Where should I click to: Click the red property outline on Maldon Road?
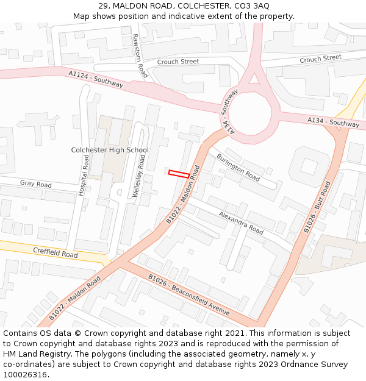(x=178, y=174)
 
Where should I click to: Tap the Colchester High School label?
(x=110, y=150)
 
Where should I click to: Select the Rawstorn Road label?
(x=140, y=55)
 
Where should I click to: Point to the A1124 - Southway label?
(x=96, y=79)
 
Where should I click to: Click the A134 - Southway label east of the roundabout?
(x=333, y=123)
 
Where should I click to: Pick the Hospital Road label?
(x=84, y=174)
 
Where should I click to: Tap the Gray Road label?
(x=35, y=183)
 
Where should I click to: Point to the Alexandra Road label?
(x=240, y=223)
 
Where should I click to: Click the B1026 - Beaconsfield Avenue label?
(x=189, y=295)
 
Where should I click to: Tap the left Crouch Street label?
(x=178, y=62)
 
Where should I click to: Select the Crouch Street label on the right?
(x=320, y=58)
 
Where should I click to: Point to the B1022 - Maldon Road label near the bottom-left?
(x=74, y=299)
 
